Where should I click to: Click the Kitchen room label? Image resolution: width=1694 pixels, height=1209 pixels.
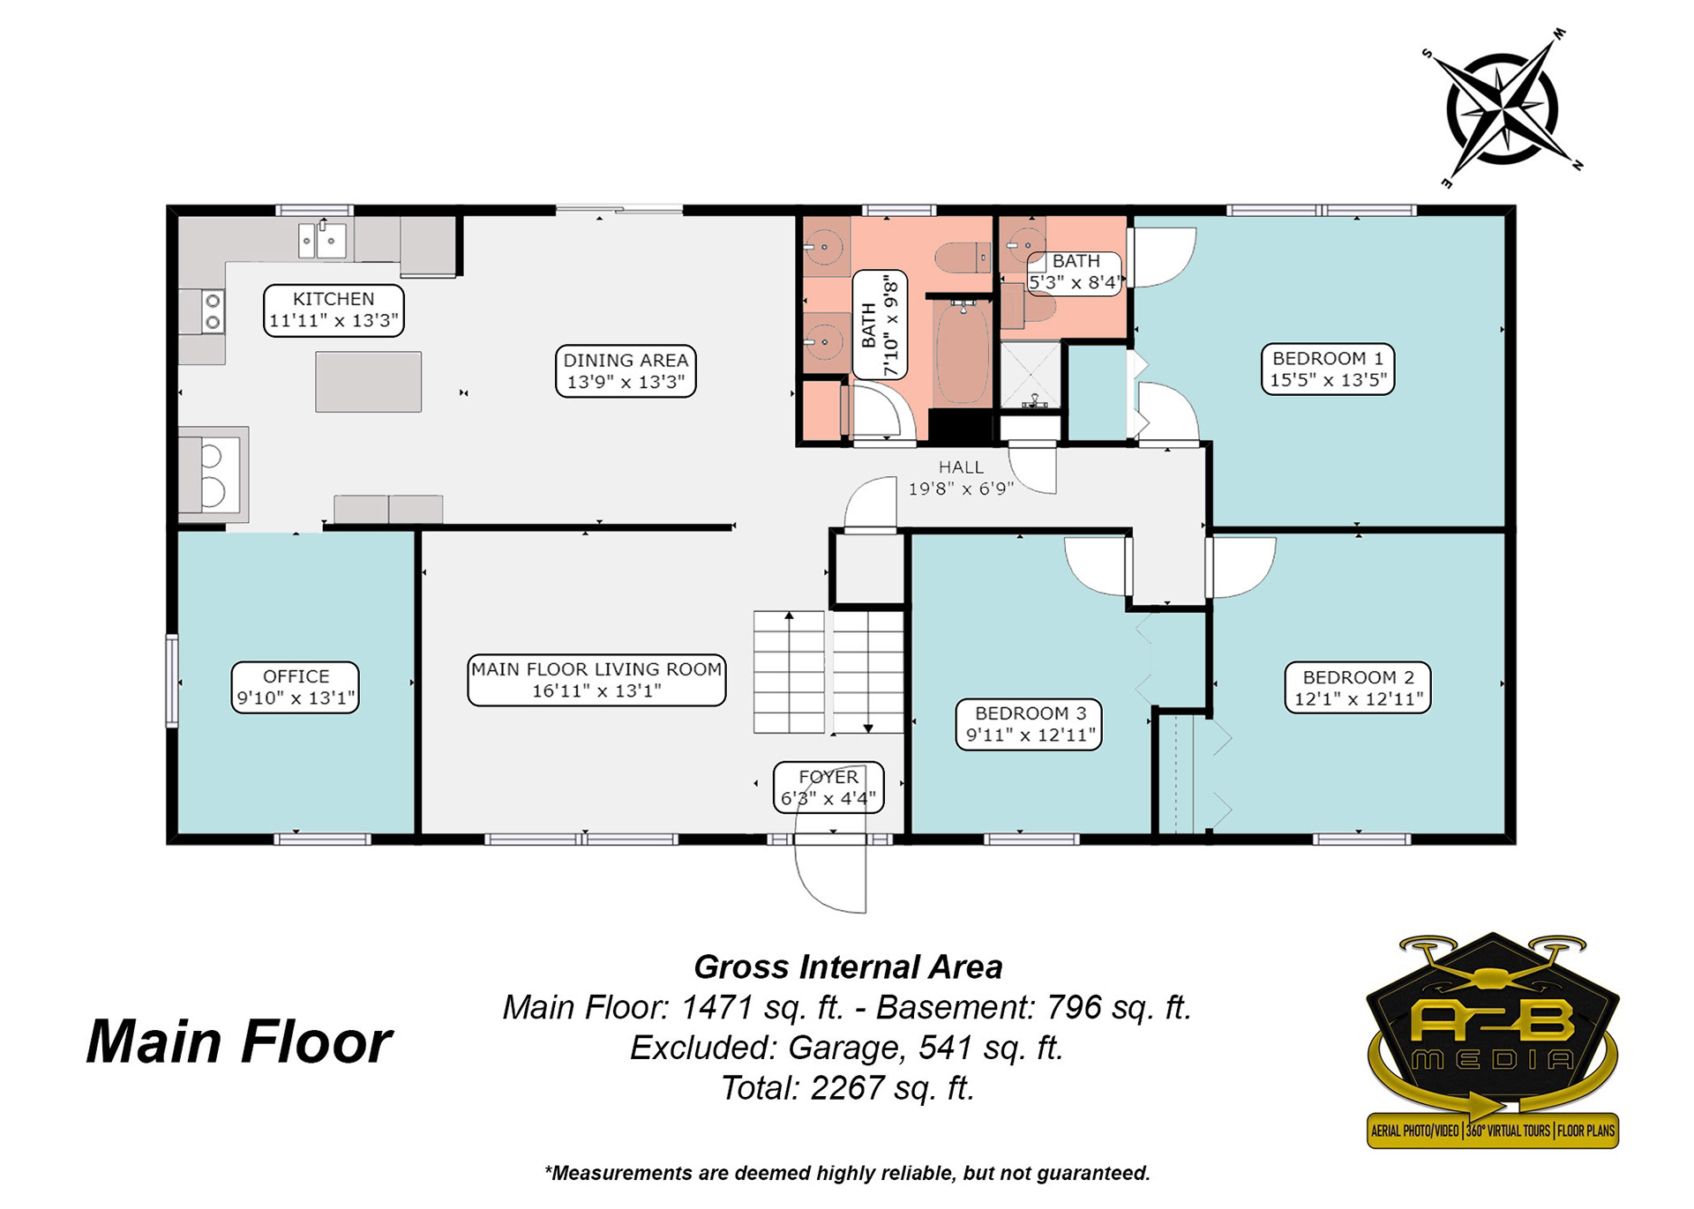pyautogui.click(x=334, y=310)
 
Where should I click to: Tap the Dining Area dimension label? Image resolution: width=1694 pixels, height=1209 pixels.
pyautogui.click(x=626, y=371)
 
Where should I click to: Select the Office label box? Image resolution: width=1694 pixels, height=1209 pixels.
pyautogui.click(x=296, y=687)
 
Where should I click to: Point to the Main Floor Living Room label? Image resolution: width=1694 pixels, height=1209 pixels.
pyautogui.click(x=596, y=680)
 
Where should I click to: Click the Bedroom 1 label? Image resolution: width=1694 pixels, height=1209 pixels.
pyautogui.click(x=1328, y=369)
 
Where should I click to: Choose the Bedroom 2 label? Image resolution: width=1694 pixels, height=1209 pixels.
pyautogui.click(x=1358, y=688)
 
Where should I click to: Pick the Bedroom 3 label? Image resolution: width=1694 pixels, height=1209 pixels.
pyautogui.click(x=1030, y=724)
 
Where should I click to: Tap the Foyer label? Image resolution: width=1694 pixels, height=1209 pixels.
pyautogui.click(x=828, y=787)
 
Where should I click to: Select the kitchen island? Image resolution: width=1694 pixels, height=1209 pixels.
pyautogui.click(x=368, y=382)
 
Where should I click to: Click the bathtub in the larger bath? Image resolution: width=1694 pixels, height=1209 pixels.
pyautogui.click(x=963, y=353)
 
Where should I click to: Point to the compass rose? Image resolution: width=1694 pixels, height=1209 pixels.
pyautogui.click(x=1502, y=109)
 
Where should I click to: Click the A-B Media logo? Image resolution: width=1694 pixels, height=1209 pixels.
pyautogui.click(x=1493, y=1041)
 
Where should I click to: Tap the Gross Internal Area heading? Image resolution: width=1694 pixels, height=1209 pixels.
pyautogui.click(x=848, y=967)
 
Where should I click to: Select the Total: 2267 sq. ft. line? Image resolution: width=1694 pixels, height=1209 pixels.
pyautogui.click(x=848, y=1088)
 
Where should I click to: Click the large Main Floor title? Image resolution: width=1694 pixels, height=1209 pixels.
pyautogui.click(x=239, y=1042)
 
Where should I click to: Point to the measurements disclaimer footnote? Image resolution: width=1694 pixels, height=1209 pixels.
pyautogui.click(x=847, y=1173)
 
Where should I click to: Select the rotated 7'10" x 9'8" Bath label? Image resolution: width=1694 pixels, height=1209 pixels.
pyautogui.click(x=880, y=325)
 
